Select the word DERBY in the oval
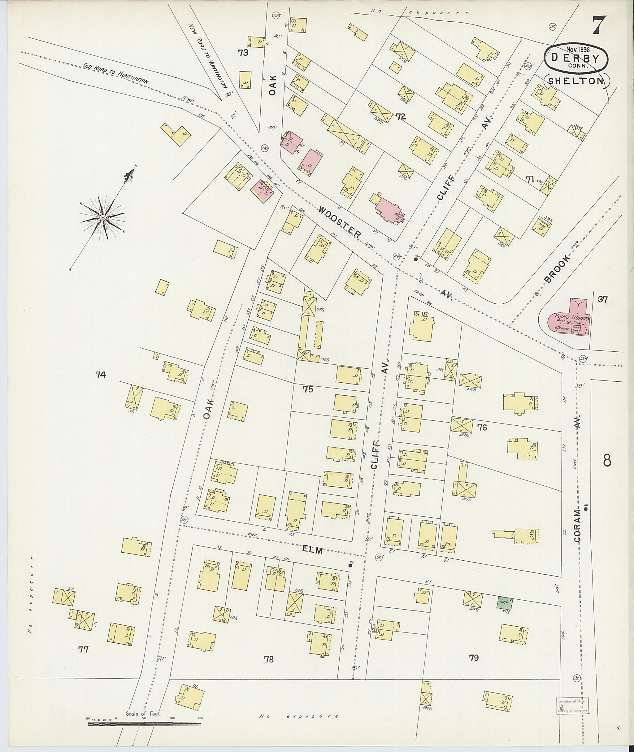(576, 58)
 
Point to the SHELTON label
(575, 81)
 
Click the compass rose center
(103, 217)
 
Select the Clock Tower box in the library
(578, 328)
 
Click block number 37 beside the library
(603, 299)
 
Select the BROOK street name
(557, 269)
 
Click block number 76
(482, 428)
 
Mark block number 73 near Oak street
(243, 53)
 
